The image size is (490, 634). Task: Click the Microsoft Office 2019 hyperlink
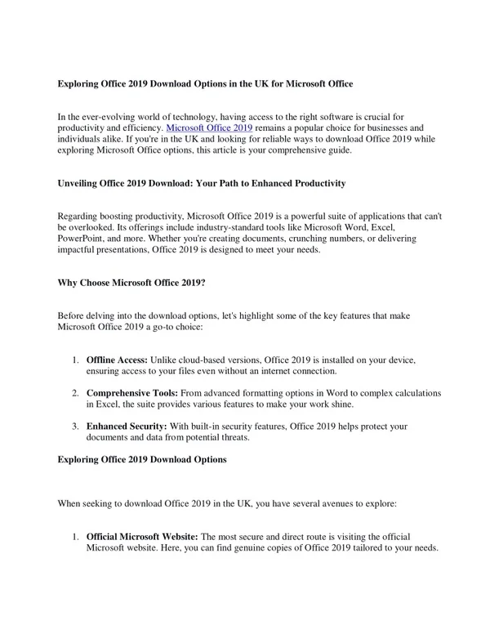209,128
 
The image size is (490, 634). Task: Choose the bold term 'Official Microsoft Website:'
142,536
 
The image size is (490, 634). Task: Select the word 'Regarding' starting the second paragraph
80,214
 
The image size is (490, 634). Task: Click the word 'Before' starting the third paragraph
72,315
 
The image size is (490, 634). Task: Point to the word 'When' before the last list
70,505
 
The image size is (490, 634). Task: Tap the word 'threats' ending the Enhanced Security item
247,438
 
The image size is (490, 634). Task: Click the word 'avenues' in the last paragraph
352,505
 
